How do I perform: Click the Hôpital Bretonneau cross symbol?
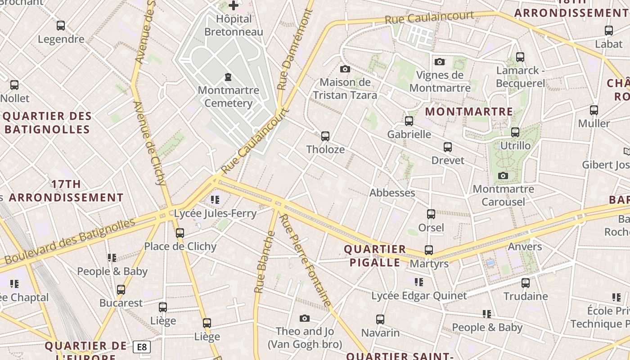coord(234,6)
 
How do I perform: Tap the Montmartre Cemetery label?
coord(229,96)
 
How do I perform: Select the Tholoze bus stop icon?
coord(325,136)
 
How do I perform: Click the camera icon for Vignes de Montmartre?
coord(440,62)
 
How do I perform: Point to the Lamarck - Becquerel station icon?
coord(520,57)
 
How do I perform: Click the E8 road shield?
coord(142,347)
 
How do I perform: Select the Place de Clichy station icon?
coord(180,233)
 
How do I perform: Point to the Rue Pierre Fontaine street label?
coord(306,261)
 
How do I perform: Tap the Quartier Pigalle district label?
coord(374,256)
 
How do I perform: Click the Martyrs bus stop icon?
coord(429,250)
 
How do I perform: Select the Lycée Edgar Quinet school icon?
coord(419,282)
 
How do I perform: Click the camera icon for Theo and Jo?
coord(305,318)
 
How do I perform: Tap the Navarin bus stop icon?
coord(380,319)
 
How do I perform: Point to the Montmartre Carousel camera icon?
coord(503,175)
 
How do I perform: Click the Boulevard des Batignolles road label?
coord(70,241)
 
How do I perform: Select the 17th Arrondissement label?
coord(66,191)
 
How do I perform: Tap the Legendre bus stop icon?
coord(61,26)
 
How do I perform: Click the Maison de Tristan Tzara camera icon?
coord(345,69)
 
